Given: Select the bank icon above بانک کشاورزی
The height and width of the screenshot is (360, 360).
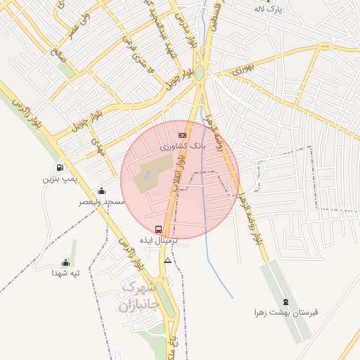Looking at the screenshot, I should coord(182,135).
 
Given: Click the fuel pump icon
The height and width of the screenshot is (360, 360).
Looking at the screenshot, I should coord(58,168).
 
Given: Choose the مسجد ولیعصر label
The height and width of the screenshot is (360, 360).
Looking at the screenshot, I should coord(102,202).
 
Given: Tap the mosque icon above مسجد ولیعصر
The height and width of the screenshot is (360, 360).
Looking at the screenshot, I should coord(101,191).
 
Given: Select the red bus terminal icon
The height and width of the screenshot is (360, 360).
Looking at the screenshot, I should coord(158,229).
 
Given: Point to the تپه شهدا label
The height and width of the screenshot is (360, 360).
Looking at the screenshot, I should coord(65,273).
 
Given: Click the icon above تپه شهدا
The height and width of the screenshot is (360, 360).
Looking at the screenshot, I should coord(65,262).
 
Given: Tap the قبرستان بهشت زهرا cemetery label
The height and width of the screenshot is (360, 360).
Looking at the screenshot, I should coord(286,313).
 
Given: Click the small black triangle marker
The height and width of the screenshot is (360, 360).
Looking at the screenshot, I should coord(167,260).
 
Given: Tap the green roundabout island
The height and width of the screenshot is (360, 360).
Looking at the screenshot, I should coord(200,72).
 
